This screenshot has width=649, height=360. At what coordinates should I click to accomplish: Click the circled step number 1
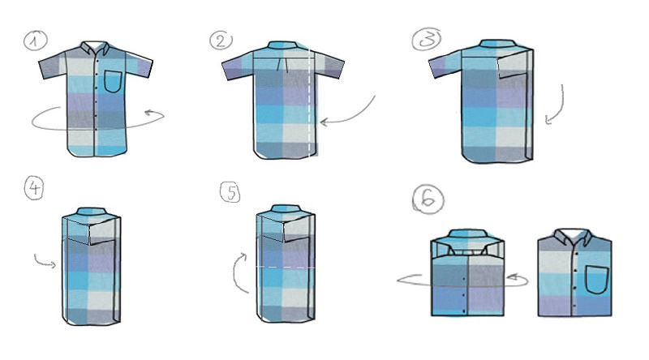click(x=35, y=41)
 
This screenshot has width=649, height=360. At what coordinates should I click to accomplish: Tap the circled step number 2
click(x=221, y=41)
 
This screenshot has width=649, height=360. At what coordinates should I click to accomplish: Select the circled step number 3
click(x=427, y=40)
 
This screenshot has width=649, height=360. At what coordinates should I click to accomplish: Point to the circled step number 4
click(x=34, y=188)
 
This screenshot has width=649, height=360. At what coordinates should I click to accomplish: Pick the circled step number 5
click(x=230, y=192)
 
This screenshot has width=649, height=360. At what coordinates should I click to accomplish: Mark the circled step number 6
click(x=428, y=199)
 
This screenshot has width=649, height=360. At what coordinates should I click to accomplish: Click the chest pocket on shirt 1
click(x=113, y=82)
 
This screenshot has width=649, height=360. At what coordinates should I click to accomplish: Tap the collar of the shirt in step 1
click(x=95, y=48)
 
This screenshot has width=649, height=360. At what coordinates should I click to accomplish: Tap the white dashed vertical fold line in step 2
click(x=309, y=104)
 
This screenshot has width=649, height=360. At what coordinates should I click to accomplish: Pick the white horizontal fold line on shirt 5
click(x=286, y=268)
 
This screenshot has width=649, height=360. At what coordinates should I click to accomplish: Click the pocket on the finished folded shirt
click(x=597, y=280)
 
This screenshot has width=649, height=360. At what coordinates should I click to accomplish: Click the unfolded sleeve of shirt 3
click(x=444, y=63)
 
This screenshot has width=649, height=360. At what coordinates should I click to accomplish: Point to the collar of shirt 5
click(x=285, y=208)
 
